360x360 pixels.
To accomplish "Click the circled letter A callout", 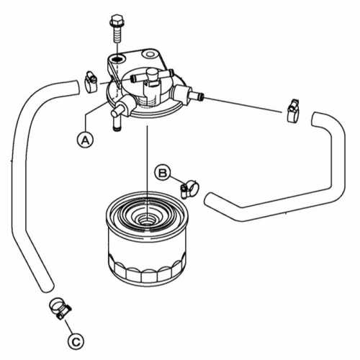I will [86, 139].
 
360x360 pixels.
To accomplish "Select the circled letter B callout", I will [163, 171].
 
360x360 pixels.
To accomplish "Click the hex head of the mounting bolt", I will [117, 20].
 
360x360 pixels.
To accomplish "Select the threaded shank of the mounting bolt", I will [117, 39].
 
